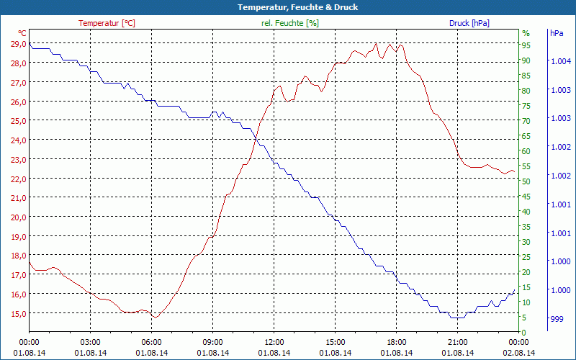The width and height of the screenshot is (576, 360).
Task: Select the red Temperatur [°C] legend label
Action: coord(107,23)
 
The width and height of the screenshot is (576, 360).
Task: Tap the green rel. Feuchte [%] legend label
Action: coord(289,23)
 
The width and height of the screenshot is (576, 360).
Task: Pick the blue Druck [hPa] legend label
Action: coord(469,23)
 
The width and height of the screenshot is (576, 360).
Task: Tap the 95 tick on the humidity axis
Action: coord(526,45)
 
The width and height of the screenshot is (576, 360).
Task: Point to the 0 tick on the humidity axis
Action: coord(524,333)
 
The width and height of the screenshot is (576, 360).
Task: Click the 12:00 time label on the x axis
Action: coord(274,342)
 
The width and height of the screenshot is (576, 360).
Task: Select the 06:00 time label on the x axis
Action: coord(151,342)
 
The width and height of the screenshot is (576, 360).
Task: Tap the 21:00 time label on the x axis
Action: coord(457,342)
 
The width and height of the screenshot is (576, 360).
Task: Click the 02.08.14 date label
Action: coord(518,353)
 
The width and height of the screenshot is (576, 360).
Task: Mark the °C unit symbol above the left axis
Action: coord(22,33)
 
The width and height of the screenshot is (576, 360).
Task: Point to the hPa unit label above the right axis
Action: coord(557,33)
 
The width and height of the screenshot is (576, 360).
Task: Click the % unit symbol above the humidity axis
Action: coord(526,33)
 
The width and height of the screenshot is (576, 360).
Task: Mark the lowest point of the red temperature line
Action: coord(155,317)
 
